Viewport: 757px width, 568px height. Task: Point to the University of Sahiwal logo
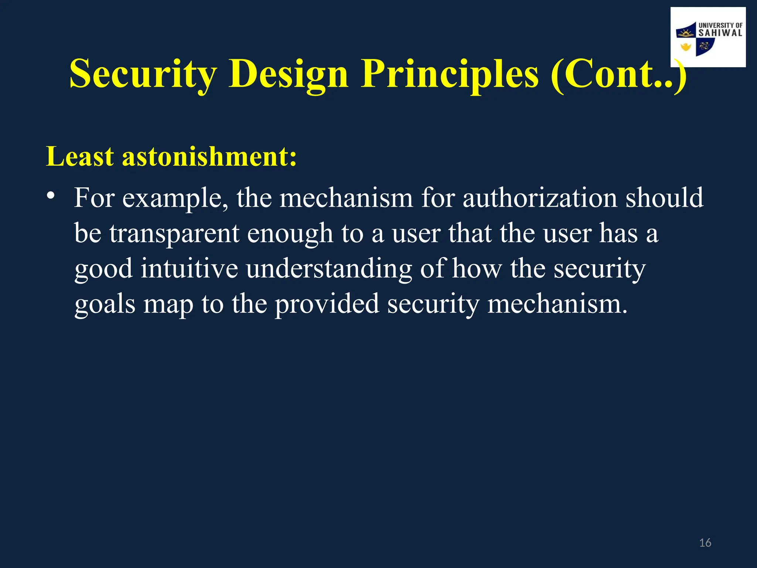(x=708, y=37)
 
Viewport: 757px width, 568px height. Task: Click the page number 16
(x=705, y=543)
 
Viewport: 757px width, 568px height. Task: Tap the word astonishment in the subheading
(x=209, y=156)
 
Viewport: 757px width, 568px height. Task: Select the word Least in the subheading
(x=79, y=156)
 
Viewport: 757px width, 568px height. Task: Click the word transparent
(x=174, y=234)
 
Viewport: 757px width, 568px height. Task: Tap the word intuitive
(x=189, y=269)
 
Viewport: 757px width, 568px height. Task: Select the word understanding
(x=329, y=269)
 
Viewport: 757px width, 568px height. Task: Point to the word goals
(x=105, y=304)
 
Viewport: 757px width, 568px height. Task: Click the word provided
(x=327, y=304)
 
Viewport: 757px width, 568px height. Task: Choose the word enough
(x=290, y=234)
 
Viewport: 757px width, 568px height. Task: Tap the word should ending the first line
(x=664, y=198)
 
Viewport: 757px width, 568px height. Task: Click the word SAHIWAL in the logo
(x=720, y=33)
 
